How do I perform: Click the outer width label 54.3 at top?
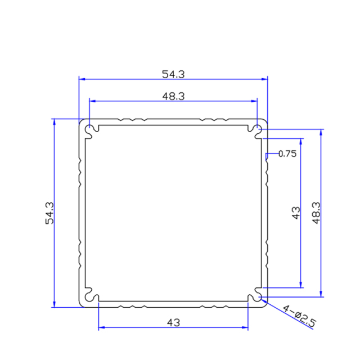tap(173, 74)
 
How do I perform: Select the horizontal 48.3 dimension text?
tap(173, 96)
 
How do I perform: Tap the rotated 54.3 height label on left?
tap(50, 213)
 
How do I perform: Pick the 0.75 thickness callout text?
tap(287, 154)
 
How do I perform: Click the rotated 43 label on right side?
tap(296, 213)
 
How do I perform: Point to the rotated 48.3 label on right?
tap(316, 213)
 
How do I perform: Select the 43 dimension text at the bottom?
tap(173, 322)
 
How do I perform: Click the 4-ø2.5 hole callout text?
tap(299, 316)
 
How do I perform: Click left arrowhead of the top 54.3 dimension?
tap(82, 79)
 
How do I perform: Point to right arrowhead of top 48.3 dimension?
tap(255, 101)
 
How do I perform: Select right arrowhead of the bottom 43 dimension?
tap(245, 328)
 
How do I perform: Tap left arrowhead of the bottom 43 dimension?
tap(102, 328)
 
